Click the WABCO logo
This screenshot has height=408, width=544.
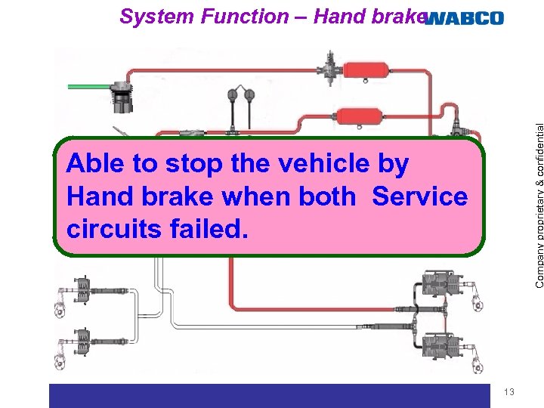pos(464,18)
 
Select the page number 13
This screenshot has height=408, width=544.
pos(508,391)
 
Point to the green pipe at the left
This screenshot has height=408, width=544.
pos(89,87)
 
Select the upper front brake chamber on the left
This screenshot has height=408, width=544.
pos(79,288)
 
